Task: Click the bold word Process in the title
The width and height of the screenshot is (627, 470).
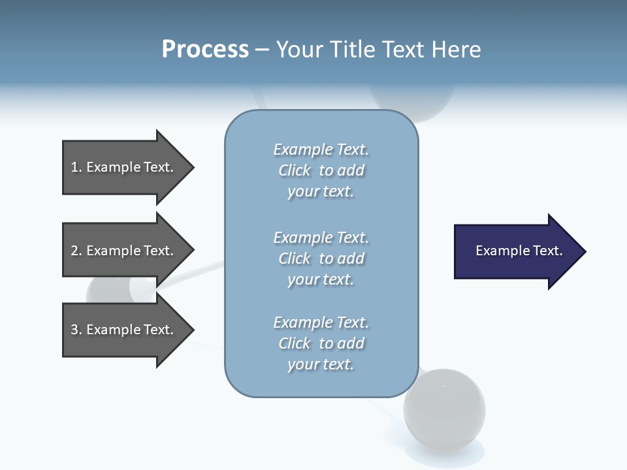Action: pyautogui.click(x=205, y=50)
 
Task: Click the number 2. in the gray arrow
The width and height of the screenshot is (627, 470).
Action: pyautogui.click(x=76, y=251)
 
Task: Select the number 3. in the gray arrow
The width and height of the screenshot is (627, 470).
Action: pyautogui.click(x=76, y=330)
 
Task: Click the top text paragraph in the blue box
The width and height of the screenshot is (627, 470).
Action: pyautogui.click(x=321, y=170)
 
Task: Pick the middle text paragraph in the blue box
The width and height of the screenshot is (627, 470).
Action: pyautogui.click(x=321, y=258)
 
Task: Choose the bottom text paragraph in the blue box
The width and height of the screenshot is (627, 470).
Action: pyautogui.click(x=321, y=343)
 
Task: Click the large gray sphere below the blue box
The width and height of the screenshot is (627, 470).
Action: pyautogui.click(x=444, y=409)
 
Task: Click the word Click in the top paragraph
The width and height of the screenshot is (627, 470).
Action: pyautogui.click(x=295, y=170)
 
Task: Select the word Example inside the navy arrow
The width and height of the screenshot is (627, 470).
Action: pyautogui.click(x=496, y=251)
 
